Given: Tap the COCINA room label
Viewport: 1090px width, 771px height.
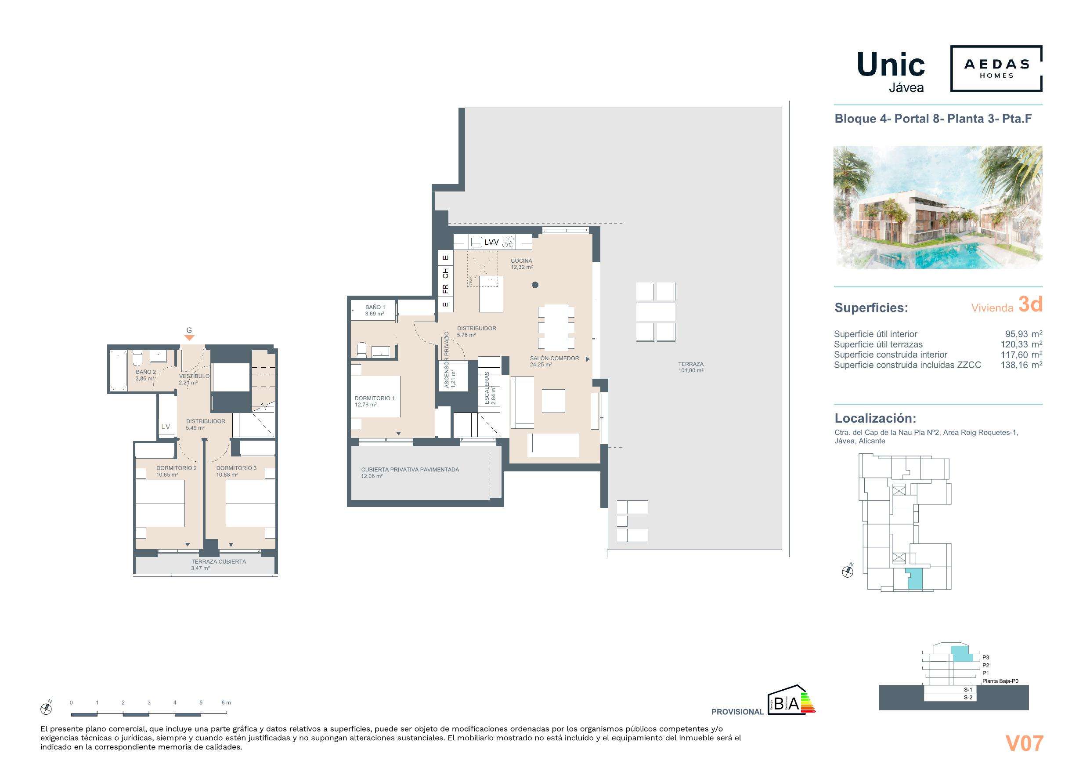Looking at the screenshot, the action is point(521,261).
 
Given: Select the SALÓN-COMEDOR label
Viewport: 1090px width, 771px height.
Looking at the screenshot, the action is point(554,358).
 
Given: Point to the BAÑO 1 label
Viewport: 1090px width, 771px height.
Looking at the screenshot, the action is point(375,307).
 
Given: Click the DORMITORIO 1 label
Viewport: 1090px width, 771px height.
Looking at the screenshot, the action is point(375,398).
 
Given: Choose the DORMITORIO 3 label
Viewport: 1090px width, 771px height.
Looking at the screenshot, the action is point(236,468).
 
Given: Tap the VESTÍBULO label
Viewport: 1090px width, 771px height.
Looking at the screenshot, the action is point(194,376).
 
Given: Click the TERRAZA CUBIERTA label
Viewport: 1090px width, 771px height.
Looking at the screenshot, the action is point(218,561).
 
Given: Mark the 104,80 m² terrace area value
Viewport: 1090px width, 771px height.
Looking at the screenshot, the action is point(690,370).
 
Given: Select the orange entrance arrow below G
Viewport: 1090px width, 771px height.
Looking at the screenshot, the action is point(189,338).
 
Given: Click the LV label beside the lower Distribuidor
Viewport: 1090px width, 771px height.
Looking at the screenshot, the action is point(165,427).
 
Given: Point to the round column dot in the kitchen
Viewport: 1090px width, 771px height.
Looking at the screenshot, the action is point(535,285).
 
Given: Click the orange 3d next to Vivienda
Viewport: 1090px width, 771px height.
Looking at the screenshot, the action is point(1030,304).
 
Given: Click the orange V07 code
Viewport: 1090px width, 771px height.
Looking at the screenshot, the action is point(1024,743).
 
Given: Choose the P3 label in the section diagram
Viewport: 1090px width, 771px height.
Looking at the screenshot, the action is point(985,658).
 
